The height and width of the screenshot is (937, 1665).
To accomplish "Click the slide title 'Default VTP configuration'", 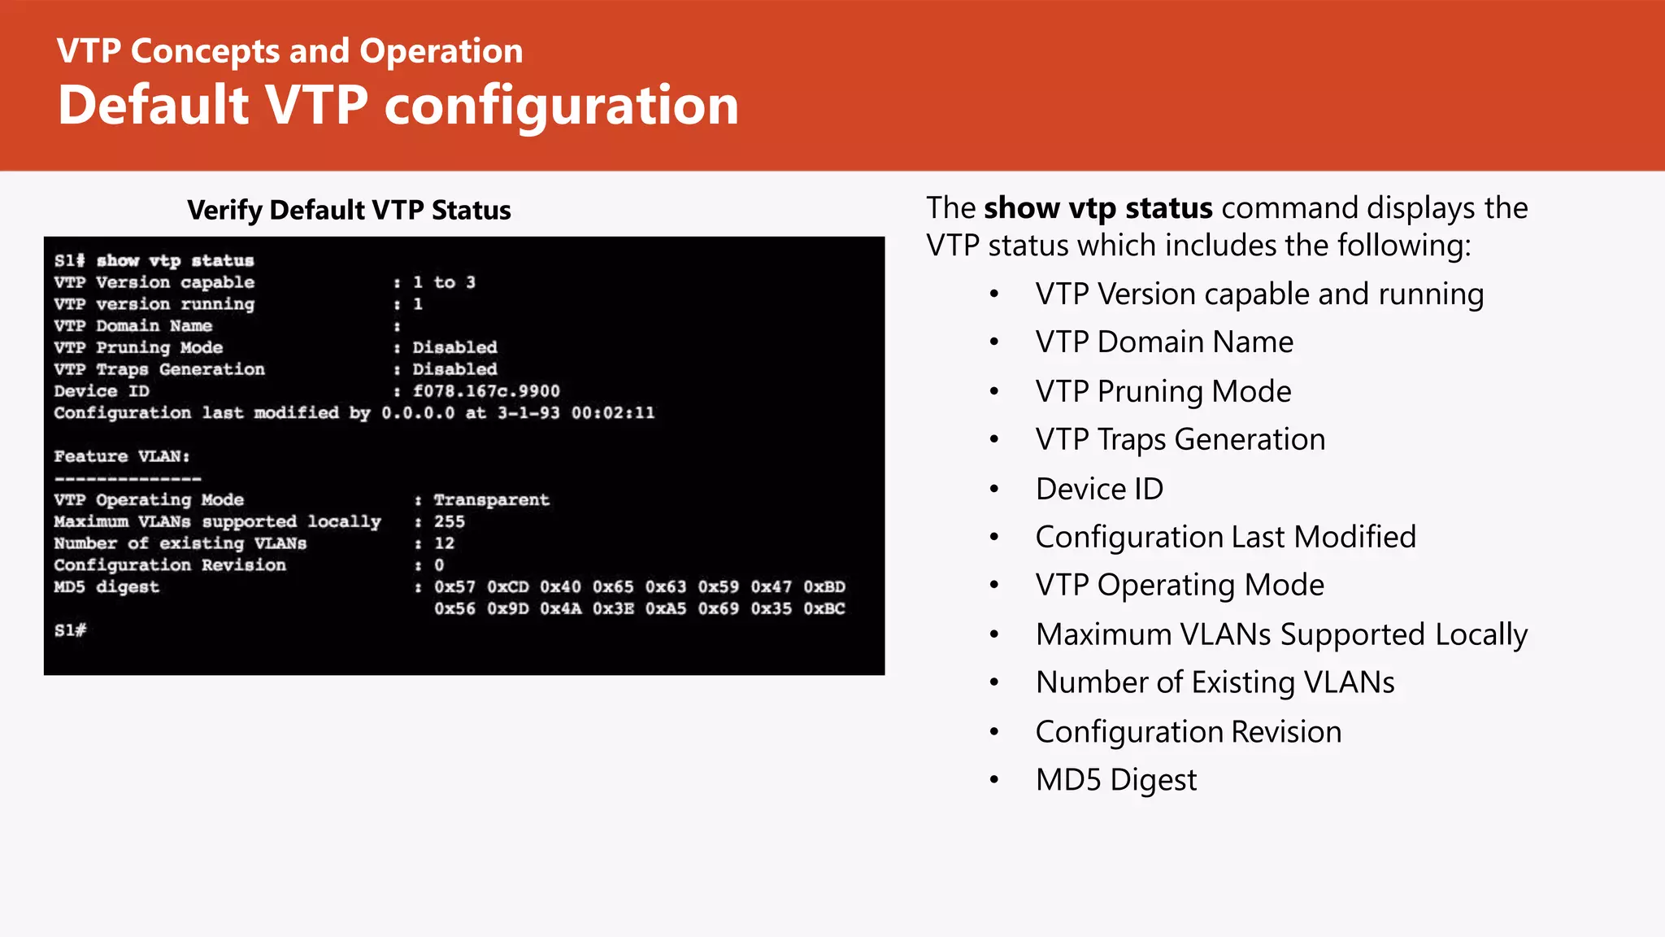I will pos(398,106).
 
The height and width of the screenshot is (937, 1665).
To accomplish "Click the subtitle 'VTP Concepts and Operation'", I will pos(289,51).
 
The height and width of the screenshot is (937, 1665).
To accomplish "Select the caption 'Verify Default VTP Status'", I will pos(349,210).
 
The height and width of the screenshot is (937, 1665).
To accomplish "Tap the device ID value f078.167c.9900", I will pos(486,391).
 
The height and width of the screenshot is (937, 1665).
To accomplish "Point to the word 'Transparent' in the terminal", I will pos(491,500).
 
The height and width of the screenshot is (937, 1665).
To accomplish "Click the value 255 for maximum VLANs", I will pos(449,521).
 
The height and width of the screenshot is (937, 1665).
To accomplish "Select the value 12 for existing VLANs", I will pos(444,543).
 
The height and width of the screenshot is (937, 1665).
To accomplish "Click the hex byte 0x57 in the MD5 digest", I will pos(454,587).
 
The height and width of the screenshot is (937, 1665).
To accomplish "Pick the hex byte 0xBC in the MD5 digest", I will pos(824,609).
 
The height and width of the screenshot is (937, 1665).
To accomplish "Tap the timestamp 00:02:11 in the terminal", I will pos(612,413).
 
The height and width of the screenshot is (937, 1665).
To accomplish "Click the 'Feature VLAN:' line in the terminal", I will pos(122,456).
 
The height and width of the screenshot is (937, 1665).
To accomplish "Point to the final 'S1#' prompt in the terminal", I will pos(70,630).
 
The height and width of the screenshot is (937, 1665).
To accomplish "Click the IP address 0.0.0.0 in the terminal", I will pos(418,413).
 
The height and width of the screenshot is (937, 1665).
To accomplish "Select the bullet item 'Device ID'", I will pos(1099,489).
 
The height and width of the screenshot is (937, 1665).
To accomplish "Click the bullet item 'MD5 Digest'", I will pos(1115,780).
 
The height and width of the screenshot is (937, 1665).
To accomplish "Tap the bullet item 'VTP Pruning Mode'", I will pos(1163,391).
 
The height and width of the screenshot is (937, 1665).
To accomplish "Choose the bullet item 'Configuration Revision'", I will pos(1188,732).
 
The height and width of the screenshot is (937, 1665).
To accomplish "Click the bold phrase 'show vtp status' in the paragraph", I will pos(1098,208).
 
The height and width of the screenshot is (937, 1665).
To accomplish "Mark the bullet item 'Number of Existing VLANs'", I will pos(1215,682).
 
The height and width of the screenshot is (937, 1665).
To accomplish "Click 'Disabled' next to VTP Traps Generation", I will pos(454,369).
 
